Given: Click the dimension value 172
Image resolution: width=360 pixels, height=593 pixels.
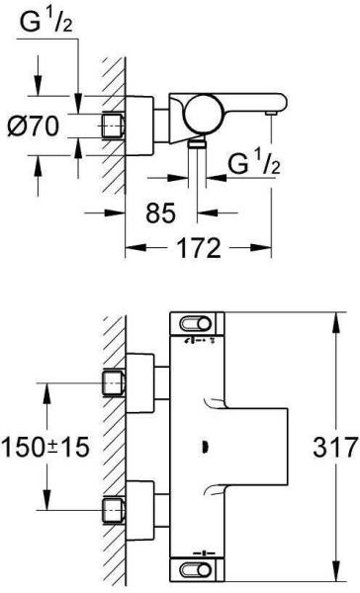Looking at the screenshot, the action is tap(199, 248).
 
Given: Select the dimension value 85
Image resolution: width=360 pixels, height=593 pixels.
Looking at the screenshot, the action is tap(161, 212).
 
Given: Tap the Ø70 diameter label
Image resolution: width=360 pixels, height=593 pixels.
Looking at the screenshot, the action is tap(34, 126).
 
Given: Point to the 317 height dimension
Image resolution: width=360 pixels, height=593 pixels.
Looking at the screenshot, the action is tap(335, 447).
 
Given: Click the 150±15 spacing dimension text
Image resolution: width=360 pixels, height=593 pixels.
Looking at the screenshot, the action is tap(45, 447).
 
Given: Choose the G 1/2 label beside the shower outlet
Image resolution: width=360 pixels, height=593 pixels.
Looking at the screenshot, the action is tap(254, 163).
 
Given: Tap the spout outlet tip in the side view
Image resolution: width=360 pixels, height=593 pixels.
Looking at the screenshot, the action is tap(271, 113).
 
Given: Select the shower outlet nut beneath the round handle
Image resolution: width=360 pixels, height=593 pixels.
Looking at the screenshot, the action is tap(197, 142).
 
